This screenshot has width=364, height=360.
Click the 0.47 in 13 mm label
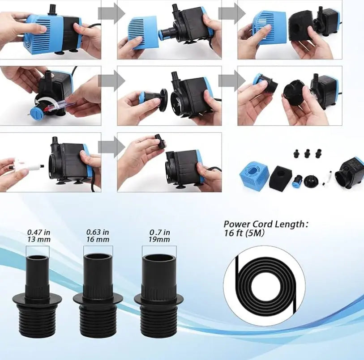coord(39,236)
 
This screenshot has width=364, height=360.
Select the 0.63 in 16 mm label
coord(98,236)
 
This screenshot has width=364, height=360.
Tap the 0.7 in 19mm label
coord(159,236)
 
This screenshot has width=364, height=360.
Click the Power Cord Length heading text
coord(266,224)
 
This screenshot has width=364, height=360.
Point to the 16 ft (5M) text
coord(244,233)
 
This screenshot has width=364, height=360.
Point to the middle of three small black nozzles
coord(307,153)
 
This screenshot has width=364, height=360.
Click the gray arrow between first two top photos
coord(111,13)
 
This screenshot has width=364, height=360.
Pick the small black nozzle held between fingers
coord(160,141)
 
